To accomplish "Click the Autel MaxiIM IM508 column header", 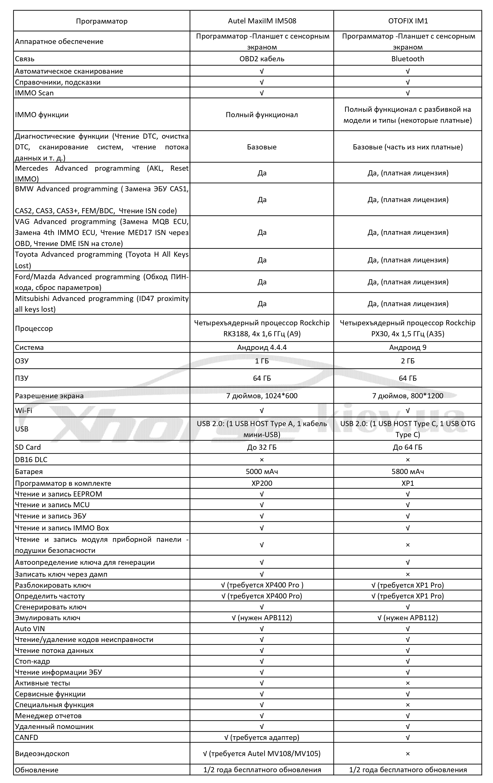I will (x=262, y=21).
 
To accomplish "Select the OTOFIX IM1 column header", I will (x=407, y=21).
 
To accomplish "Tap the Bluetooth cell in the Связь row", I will (x=407, y=59).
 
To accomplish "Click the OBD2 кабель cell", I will (x=262, y=59).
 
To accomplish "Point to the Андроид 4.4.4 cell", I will (x=262, y=347).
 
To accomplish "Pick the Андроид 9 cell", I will (x=407, y=347).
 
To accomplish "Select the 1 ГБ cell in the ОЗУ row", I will (x=262, y=361).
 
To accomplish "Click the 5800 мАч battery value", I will (x=407, y=471).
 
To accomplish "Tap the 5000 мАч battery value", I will (x=262, y=471).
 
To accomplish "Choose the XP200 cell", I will (x=262, y=483).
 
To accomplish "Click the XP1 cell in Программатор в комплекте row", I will (x=407, y=483).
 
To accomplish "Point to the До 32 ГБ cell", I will (x=262, y=447).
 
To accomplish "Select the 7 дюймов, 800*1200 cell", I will (x=407, y=396).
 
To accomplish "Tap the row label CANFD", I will (x=27, y=737).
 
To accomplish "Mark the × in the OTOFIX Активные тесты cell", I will (x=407, y=683).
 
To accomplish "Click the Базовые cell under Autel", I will (x=262, y=147).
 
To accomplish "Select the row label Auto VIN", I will (x=30, y=629).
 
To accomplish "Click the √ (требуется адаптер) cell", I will (x=262, y=737).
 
